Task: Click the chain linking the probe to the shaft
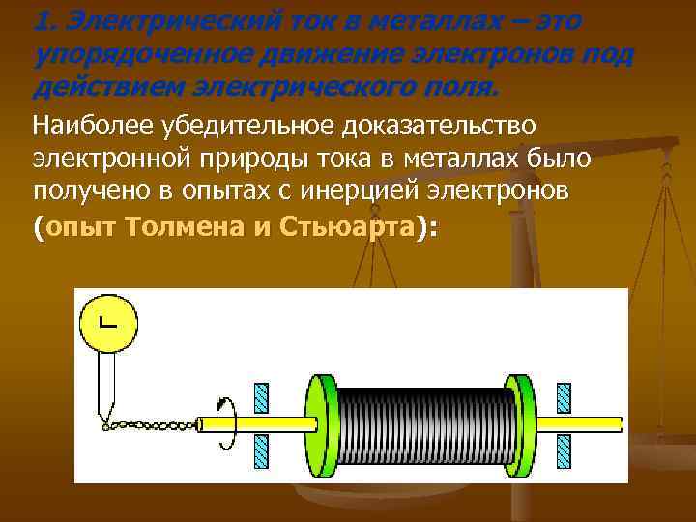click(x=151, y=423)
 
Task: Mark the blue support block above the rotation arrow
click(x=261, y=396)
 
